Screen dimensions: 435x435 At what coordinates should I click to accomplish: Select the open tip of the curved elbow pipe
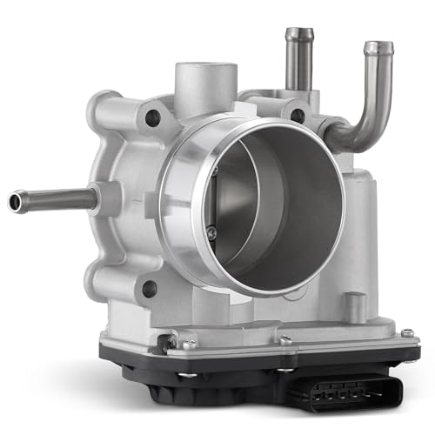378,48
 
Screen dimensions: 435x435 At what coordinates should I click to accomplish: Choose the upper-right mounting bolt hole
298,114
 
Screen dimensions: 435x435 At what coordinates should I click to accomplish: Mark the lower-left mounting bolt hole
150,287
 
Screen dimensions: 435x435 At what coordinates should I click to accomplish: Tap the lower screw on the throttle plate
211,230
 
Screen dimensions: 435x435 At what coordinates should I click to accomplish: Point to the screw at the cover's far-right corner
405,331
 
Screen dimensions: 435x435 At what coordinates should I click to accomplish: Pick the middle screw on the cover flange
284,340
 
